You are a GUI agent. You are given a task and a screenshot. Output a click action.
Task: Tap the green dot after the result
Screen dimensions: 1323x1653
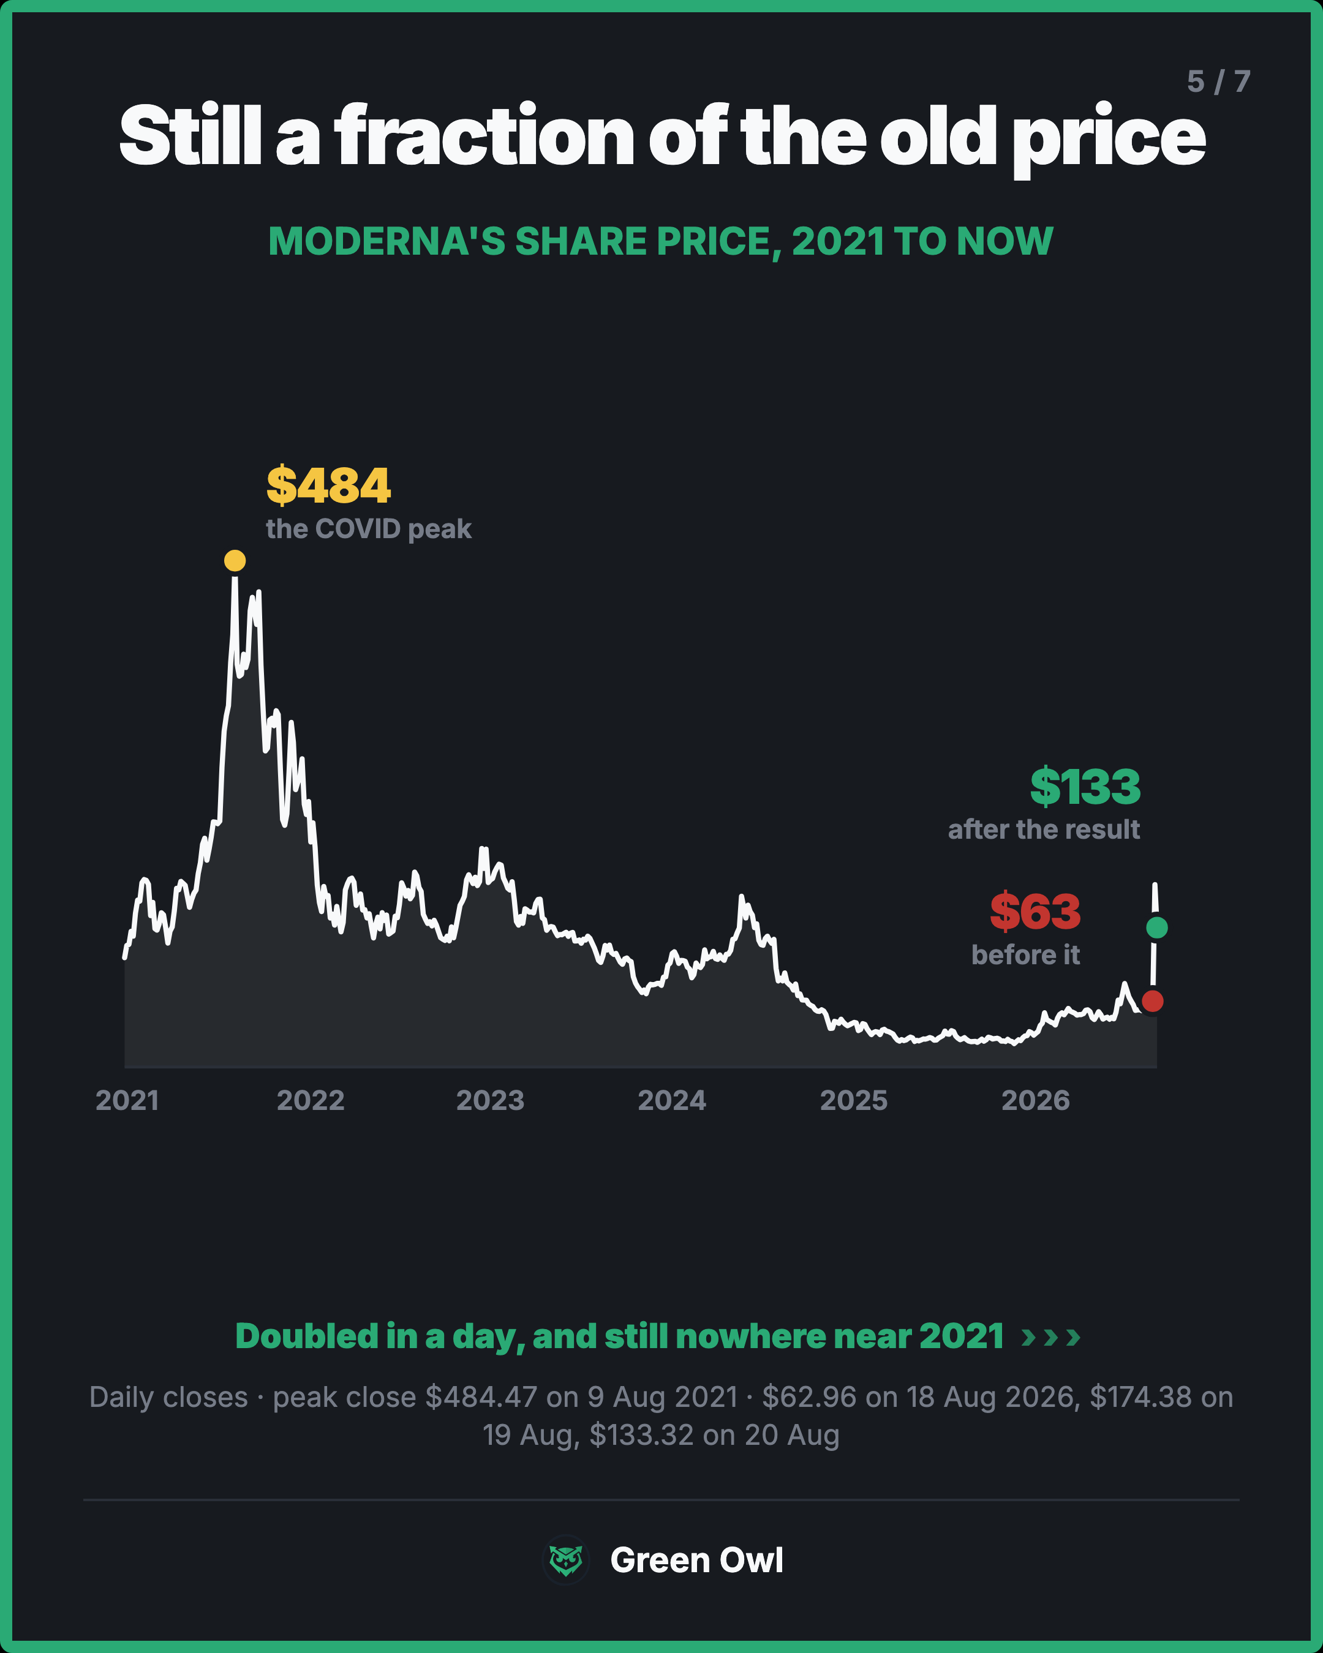click(1156, 928)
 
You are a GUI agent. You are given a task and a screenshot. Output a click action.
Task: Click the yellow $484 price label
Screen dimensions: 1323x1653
click(328, 485)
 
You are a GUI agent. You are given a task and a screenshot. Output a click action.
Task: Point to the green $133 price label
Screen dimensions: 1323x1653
click(1085, 787)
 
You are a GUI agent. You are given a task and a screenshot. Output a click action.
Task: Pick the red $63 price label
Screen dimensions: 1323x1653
click(1035, 912)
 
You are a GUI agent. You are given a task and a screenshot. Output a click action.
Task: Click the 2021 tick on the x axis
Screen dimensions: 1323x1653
click(127, 1101)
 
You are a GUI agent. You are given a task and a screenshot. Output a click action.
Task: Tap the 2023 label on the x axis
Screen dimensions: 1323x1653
click(490, 1101)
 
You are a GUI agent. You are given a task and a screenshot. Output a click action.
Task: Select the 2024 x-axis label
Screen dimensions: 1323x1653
click(672, 1101)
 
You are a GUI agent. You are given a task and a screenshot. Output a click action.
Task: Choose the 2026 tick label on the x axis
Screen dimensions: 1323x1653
click(1035, 1101)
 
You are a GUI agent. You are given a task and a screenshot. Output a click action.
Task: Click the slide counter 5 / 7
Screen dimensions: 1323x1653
click(1219, 81)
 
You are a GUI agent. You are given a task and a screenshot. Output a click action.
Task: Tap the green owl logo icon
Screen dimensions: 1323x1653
click(566, 1560)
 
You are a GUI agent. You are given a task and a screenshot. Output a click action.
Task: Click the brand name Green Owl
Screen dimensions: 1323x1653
click(696, 1560)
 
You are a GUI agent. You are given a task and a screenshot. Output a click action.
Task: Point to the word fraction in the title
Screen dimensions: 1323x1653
click(484, 137)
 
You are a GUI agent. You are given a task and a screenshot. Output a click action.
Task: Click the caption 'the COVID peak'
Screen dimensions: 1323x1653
click(369, 529)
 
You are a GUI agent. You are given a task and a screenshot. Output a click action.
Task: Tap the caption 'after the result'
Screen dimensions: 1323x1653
click(1044, 830)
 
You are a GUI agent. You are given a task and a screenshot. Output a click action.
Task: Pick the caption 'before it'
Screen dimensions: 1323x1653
click(1025, 954)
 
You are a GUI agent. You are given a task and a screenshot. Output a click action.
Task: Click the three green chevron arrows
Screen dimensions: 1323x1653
click(1050, 1338)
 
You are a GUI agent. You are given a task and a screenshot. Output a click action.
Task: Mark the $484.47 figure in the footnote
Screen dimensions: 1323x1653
click(481, 1397)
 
